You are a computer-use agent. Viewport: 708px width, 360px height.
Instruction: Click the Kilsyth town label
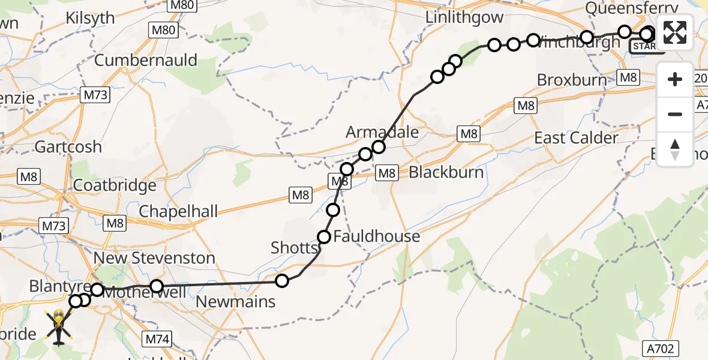pyautogui.click(x=91, y=18)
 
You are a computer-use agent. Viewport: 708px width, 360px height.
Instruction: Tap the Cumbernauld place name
pyautogui.click(x=146, y=60)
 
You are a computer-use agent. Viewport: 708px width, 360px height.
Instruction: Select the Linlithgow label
pyautogui.click(x=464, y=17)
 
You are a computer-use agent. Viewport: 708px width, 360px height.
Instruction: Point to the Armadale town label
pyautogui.click(x=382, y=132)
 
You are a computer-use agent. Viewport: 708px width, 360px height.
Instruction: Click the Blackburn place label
pyautogui.click(x=446, y=172)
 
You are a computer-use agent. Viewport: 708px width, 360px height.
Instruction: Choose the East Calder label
pyautogui.click(x=576, y=138)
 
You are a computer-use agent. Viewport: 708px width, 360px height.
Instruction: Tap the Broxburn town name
pyautogui.click(x=572, y=80)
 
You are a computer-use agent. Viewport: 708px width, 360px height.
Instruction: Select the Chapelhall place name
pyautogui.click(x=178, y=211)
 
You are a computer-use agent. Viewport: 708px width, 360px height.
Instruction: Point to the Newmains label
pyautogui.click(x=236, y=301)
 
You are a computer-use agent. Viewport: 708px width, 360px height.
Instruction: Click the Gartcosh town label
pyautogui.click(x=68, y=146)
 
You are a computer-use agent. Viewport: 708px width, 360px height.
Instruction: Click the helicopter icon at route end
pyautogui.click(x=59, y=327)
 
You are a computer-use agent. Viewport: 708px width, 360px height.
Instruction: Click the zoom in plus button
pyautogui.click(x=675, y=79)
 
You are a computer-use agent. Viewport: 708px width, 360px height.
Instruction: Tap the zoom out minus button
pyautogui.click(x=675, y=114)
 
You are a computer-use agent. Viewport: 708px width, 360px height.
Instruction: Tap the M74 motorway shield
pyautogui.click(x=158, y=339)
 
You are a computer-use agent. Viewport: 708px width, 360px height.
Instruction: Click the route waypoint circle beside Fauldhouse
pyautogui.click(x=324, y=237)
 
